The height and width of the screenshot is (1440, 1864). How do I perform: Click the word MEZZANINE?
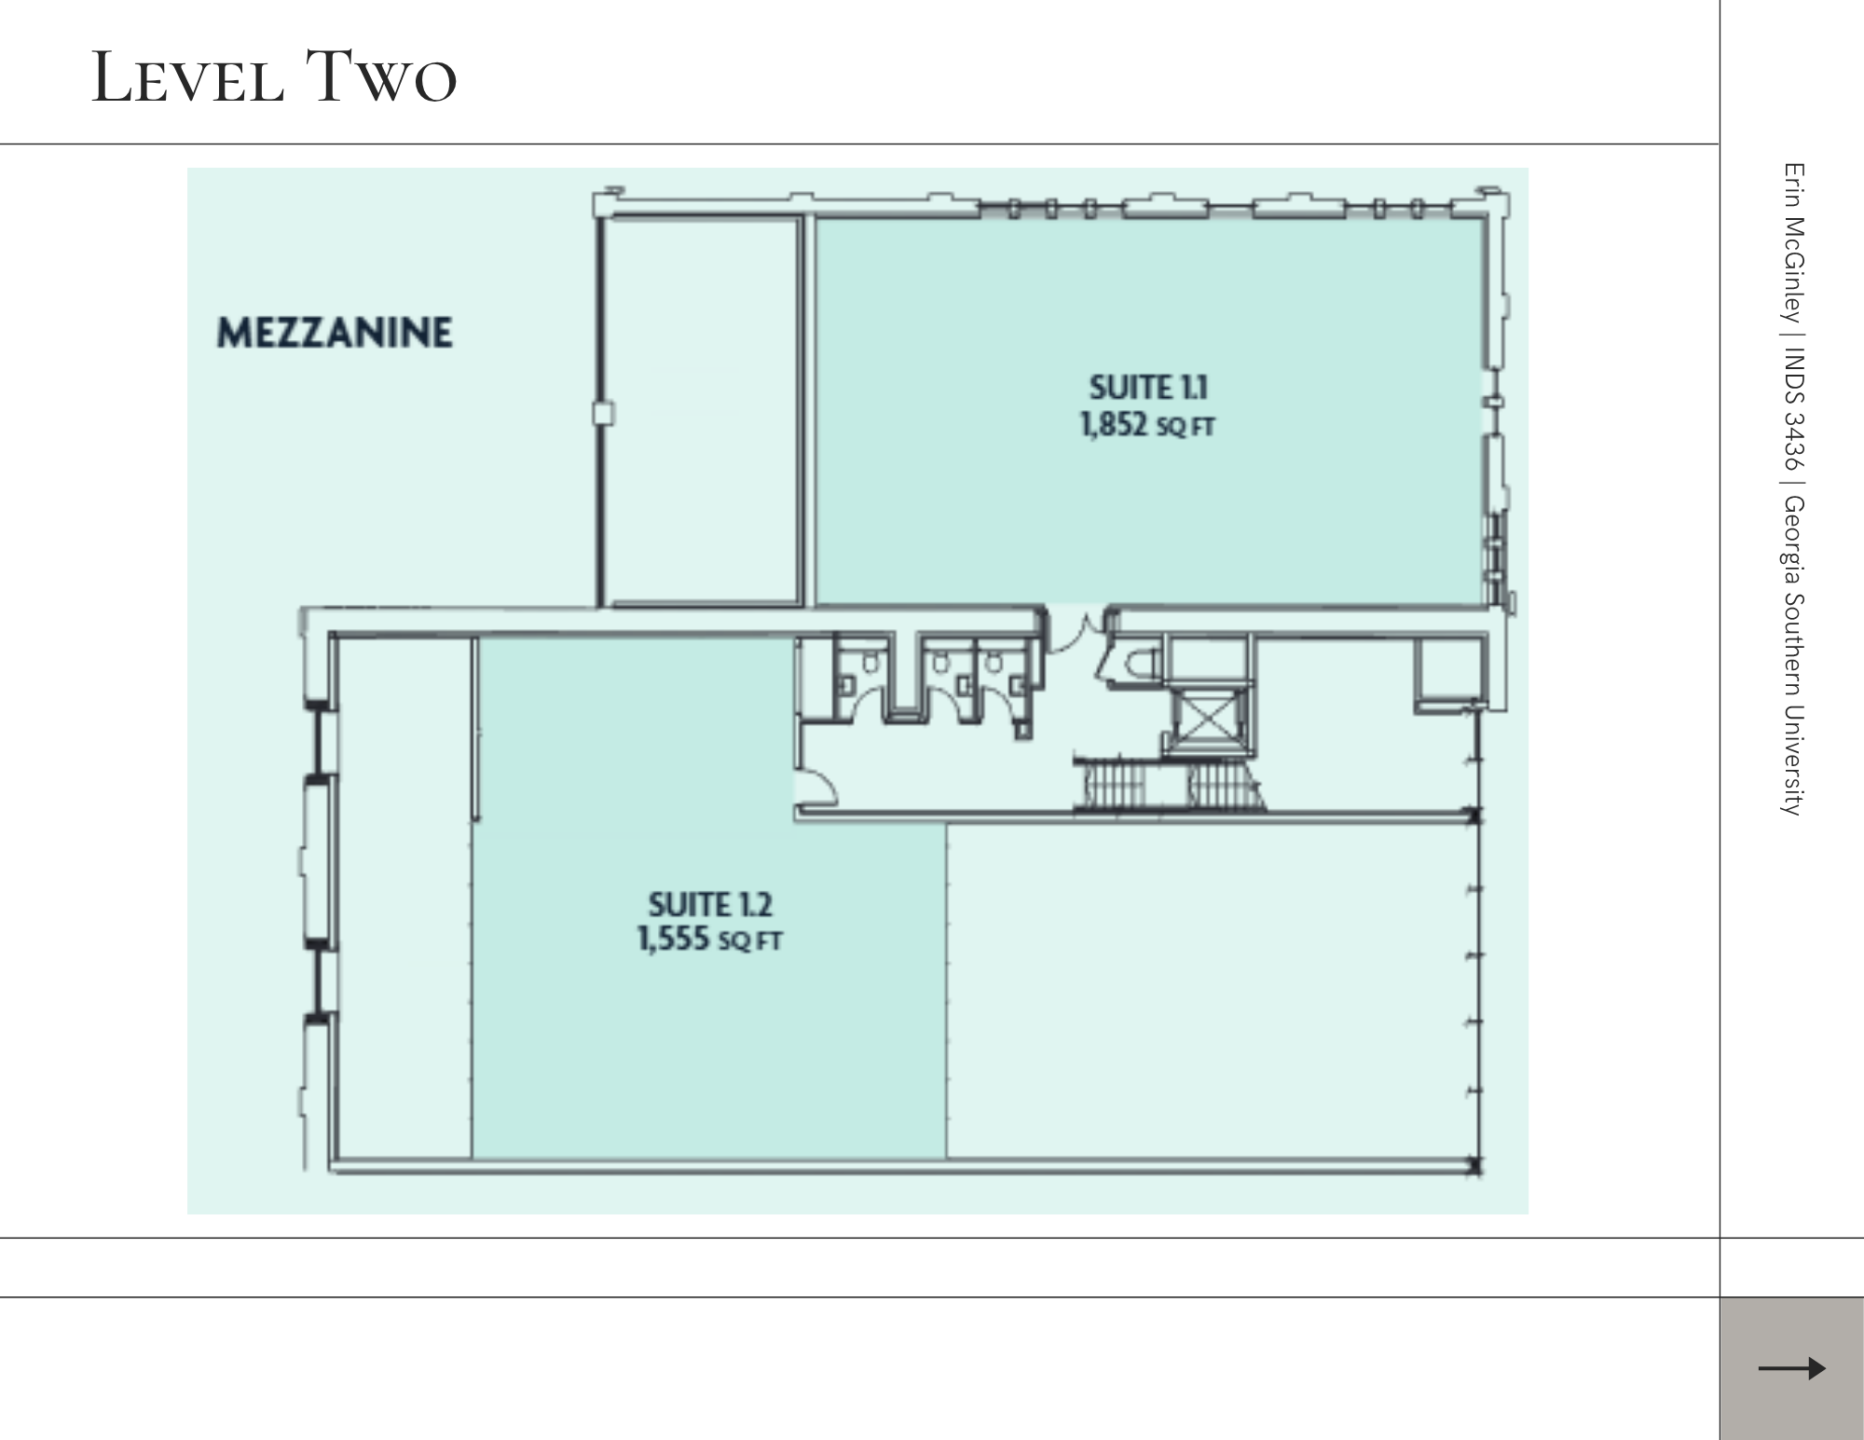pos(335,333)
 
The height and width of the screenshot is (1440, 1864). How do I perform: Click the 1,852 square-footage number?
pos(1114,425)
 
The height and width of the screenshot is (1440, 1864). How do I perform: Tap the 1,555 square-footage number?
pos(674,939)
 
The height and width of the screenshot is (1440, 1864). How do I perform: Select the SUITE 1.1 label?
pos(1148,387)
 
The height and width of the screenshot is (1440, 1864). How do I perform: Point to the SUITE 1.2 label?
pos(710,904)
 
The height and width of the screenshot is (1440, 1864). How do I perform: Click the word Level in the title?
pos(187,77)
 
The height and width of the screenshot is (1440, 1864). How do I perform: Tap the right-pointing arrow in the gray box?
pos(1791,1368)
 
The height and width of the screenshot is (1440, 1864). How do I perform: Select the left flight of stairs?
pos(1115,784)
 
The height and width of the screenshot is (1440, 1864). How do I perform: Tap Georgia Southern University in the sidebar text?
pos(1794,656)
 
